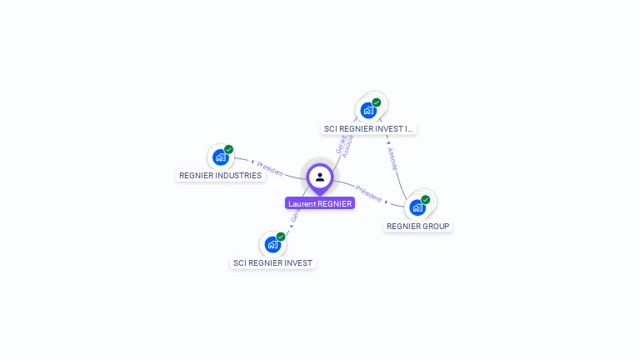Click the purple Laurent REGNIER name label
(320, 203)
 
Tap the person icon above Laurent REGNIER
(320, 177)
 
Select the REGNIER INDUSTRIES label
(220, 176)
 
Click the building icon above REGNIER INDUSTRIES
(220, 157)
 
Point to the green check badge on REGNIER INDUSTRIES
(228, 149)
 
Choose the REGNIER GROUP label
(417, 226)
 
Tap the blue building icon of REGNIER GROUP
(417, 207)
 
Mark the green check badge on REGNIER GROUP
(426, 199)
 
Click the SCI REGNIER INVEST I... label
(368, 129)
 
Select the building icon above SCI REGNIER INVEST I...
(367, 110)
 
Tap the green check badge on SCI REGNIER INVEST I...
(377, 102)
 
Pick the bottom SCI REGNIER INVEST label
(272, 262)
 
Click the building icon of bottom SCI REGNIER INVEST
(272, 244)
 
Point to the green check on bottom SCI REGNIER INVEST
(281, 237)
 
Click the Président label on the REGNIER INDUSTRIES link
(270, 167)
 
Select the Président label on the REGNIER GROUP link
(368, 193)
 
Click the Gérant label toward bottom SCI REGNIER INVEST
(295, 214)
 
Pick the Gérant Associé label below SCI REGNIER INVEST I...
(344, 145)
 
